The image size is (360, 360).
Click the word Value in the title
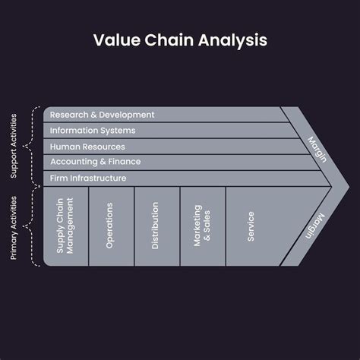click(114, 39)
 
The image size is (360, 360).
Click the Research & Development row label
click(102, 115)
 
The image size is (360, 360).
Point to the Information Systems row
click(93, 131)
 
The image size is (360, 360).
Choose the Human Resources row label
click(87, 147)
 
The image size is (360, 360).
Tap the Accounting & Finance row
click(95, 162)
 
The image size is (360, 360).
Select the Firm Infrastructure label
click(88, 178)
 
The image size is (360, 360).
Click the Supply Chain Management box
click(66, 226)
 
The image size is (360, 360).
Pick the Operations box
click(111, 226)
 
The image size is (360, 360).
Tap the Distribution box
click(156, 226)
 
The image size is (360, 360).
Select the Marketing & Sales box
click(202, 226)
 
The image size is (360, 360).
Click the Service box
click(251, 226)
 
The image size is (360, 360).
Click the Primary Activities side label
click(14, 227)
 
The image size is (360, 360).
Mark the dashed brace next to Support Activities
click(30, 147)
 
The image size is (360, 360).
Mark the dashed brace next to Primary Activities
click(30, 226)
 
